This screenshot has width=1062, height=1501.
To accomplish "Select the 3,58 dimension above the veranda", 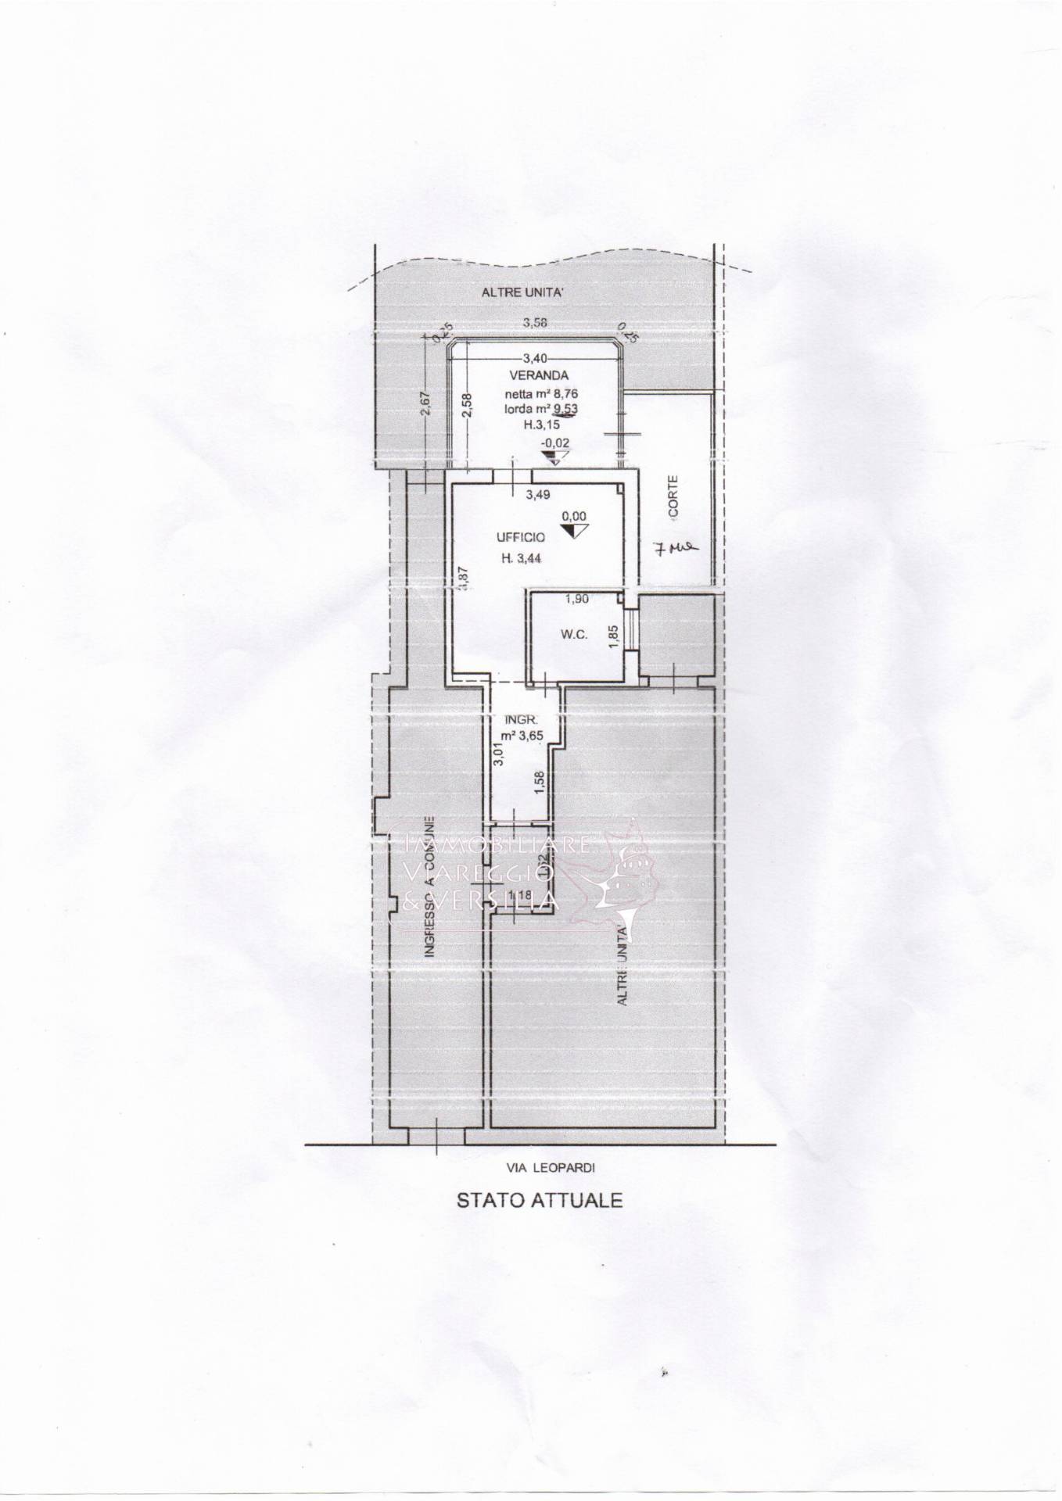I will click(x=535, y=322).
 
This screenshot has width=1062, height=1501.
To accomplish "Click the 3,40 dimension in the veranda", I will click(x=535, y=358).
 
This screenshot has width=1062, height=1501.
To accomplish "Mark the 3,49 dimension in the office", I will click(x=539, y=494).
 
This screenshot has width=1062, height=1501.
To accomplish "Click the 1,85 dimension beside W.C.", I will click(x=615, y=632).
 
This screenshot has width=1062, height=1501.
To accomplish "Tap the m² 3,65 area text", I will click(x=522, y=736).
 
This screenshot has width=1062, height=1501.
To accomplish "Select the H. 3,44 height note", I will click(x=522, y=557).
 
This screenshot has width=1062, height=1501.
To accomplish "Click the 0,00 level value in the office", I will click(x=574, y=516).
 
